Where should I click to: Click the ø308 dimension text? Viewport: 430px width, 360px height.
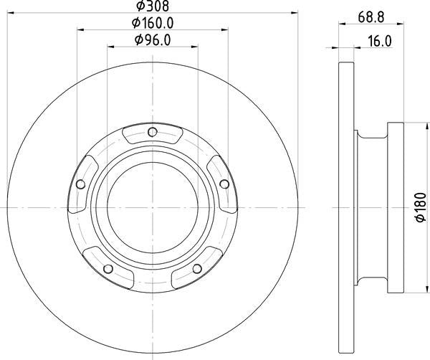pos(152,6)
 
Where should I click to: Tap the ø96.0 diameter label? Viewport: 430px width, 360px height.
pos(153,40)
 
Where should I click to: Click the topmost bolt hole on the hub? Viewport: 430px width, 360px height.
pos(152,131)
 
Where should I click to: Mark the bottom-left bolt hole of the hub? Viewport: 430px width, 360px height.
pos(107,268)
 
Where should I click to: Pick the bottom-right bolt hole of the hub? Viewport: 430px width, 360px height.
pos(196,268)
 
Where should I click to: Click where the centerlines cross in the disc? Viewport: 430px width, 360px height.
pos(152,208)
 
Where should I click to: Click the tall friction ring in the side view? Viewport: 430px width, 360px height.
pos(345,208)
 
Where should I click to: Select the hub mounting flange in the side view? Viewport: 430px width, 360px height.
pos(395,208)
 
